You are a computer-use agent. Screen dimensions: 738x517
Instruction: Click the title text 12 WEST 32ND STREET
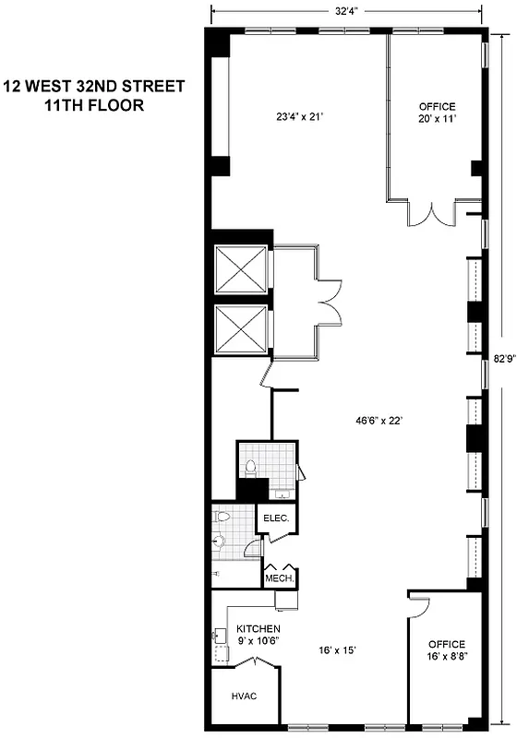click(x=93, y=87)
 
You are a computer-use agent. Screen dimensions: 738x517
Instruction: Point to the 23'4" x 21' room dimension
click(x=293, y=117)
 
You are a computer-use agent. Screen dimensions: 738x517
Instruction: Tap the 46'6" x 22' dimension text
click(x=362, y=418)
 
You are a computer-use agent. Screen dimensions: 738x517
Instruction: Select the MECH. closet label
click(x=280, y=578)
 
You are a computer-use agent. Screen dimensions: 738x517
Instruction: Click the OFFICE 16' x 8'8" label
click(x=446, y=650)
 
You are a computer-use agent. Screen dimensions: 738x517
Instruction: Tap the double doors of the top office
click(x=433, y=213)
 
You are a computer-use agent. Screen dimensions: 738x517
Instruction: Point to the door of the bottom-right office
click(x=418, y=607)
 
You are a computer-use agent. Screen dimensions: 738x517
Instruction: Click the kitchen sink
click(x=221, y=636)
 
